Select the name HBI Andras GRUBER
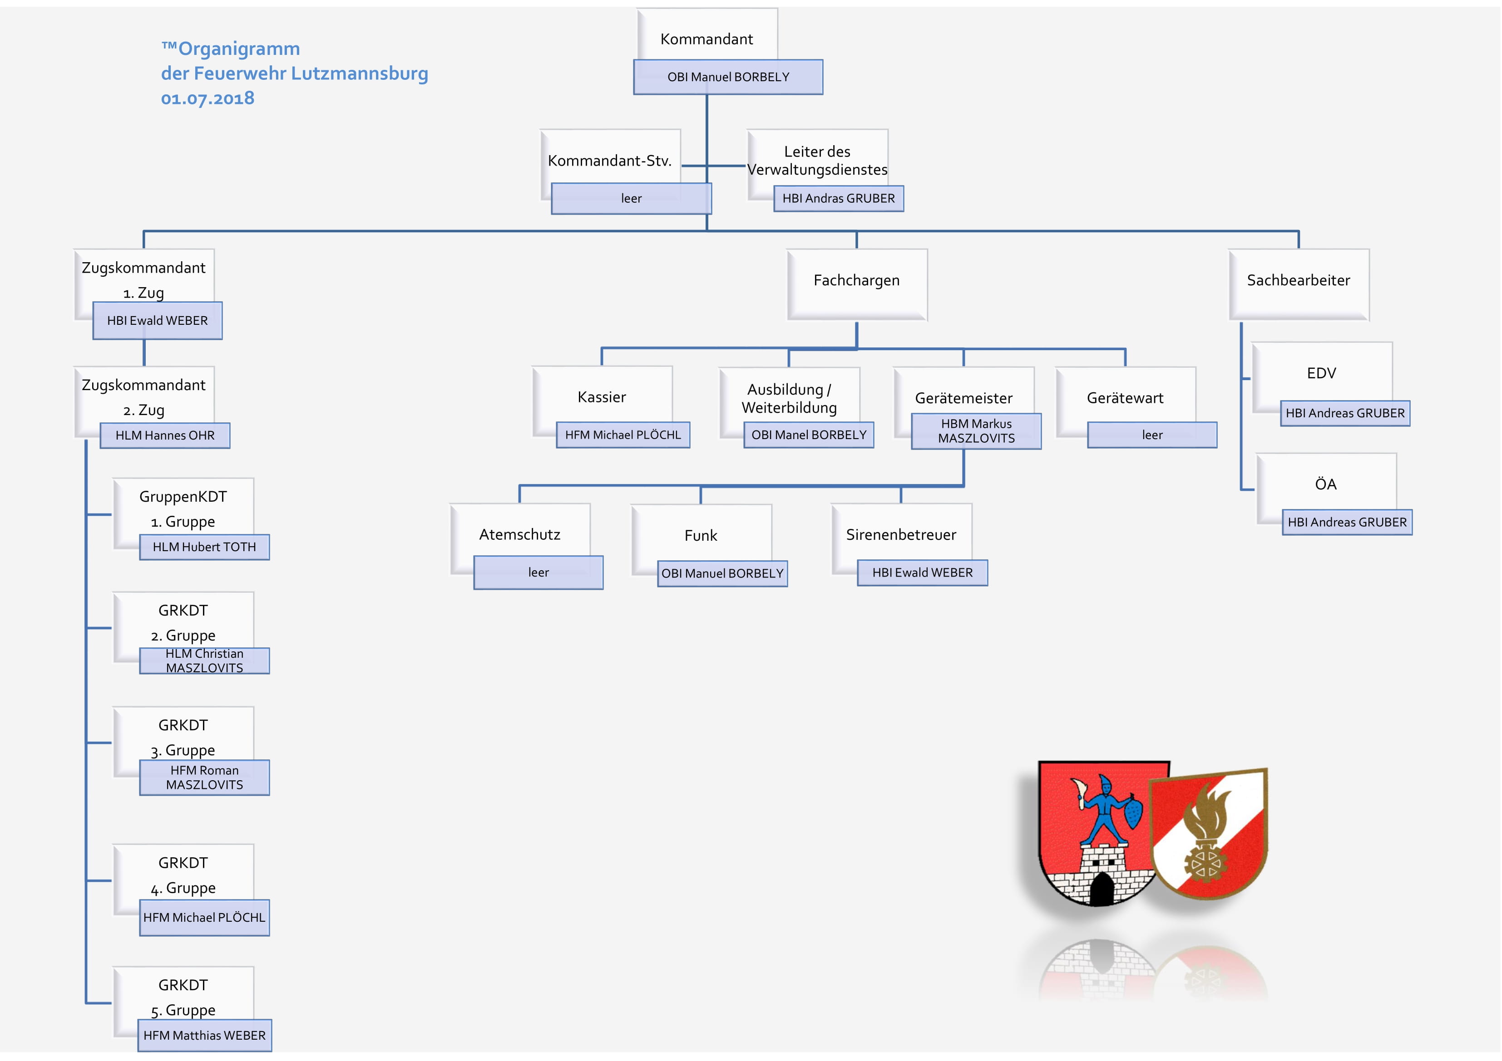[839, 199]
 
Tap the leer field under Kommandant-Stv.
[631, 199]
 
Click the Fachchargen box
[857, 284]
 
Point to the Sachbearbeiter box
[1299, 284]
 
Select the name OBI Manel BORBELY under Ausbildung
[809, 435]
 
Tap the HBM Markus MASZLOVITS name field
[977, 431]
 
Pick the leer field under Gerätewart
[1152, 435]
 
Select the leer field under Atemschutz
[539, 572]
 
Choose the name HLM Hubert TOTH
[204, 547]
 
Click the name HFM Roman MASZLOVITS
[204, 778]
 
